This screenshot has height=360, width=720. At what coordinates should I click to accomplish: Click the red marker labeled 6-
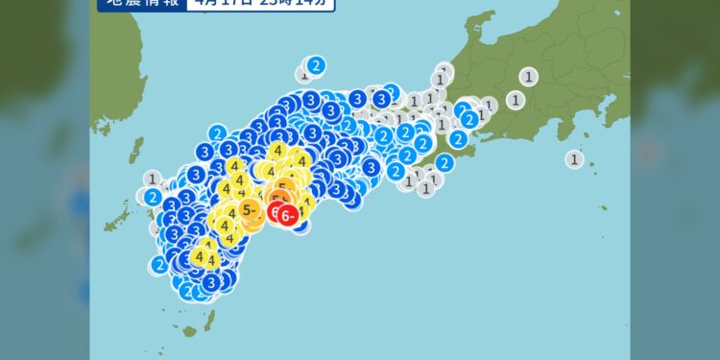(x=287, y=217)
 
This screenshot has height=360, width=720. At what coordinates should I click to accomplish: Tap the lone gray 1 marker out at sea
(x=575, y=159)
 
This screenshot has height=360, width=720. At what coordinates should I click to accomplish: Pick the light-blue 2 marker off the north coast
(x=316, y=65)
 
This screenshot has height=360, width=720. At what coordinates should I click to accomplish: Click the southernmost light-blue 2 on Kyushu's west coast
(x=159, y=265)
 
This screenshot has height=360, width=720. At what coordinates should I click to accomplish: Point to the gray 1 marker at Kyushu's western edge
(x=154, y=179)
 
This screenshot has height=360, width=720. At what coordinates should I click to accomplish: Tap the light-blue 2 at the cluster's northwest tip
(x=218, y=132)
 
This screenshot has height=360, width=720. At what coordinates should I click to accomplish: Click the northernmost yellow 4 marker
(x=278, y=150)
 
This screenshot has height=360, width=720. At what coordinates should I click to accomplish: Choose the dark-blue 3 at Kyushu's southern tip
(x=211, y=282)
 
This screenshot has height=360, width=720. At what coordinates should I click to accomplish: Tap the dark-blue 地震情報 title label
(x=139, y=4)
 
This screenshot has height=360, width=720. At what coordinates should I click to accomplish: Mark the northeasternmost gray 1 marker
(x=528, y=76)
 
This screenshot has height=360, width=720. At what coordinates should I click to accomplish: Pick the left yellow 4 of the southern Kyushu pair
(x=200, y=256)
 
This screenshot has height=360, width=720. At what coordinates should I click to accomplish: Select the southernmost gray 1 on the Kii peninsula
(x=426, y=188)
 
